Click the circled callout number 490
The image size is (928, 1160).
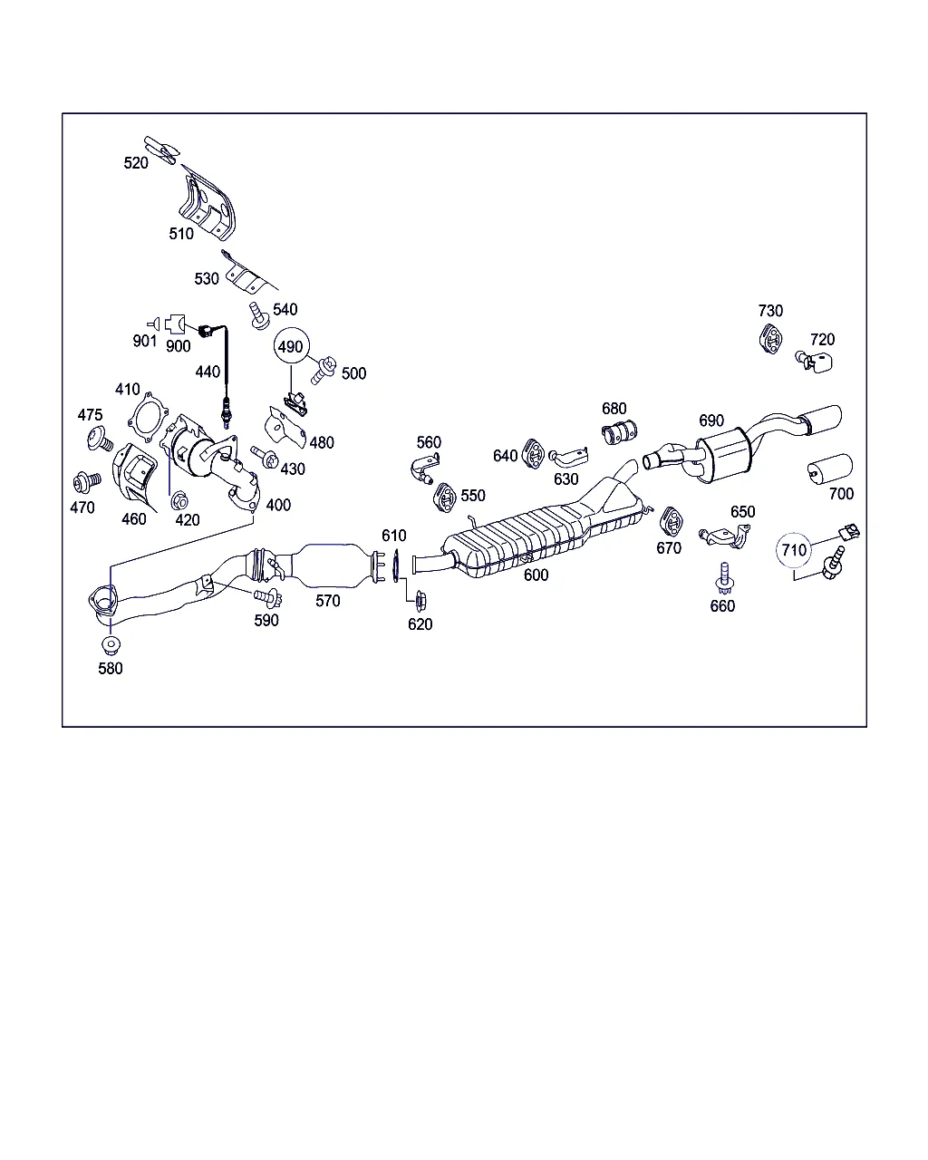[x=290, y=347]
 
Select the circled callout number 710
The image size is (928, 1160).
[x=794, y=550]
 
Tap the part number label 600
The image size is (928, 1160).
[x=536, y=575]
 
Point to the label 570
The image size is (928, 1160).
[x=328, y=600]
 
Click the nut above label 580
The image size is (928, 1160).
[x=111, y=646]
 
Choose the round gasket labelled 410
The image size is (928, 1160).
[x=147, y=416]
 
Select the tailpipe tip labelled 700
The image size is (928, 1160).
[x=829, y=469]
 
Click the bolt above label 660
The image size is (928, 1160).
[x=724, y=576]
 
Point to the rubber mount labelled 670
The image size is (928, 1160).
[x=671, y=522]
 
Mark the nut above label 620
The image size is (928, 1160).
[x=420, y=599]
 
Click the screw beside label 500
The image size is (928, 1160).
[x=324, y=368]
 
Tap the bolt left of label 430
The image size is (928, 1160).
[x=264, y=458]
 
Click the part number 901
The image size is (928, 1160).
[x=144, y=342]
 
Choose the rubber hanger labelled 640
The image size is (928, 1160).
[x=534, y=451]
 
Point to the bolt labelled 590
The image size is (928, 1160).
[x=268, y=597]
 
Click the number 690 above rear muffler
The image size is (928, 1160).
[x=711, y=420]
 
